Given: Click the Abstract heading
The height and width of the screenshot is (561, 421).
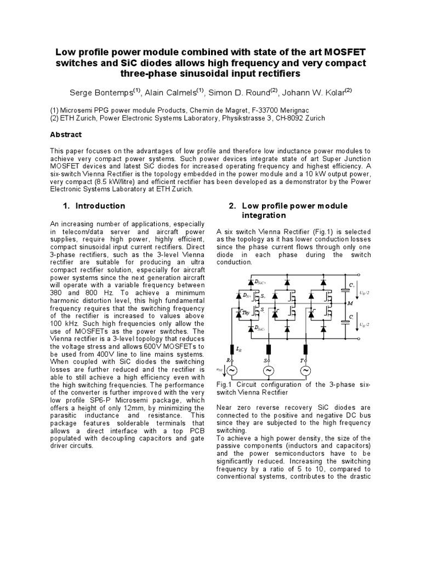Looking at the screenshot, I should click(66, 135).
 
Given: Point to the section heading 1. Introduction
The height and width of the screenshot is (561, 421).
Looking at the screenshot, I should click(94, 206).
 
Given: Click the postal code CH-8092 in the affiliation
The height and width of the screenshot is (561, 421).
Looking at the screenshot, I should click(278, 118).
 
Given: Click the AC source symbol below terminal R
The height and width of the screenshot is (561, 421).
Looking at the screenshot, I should click(231, 371).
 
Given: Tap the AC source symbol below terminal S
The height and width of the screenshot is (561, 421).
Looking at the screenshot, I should click(269, 371).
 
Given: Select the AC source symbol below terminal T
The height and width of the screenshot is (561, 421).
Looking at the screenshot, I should click(305, 371).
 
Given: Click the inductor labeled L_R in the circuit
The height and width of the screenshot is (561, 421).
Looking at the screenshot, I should click(231, 349).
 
